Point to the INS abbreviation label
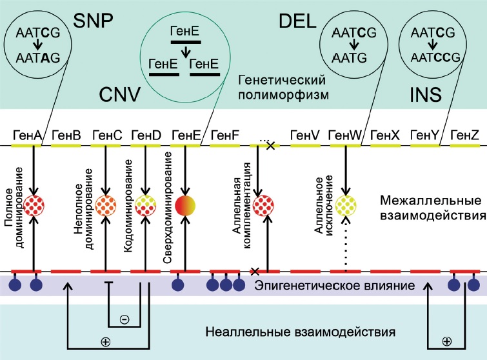425,95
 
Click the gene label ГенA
26,135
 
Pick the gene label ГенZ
464,135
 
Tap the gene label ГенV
304,135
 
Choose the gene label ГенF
224,135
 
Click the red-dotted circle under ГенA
35,205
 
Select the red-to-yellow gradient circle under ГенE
184,205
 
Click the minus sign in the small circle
124,319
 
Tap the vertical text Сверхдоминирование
167,208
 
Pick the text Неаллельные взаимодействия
299,333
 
